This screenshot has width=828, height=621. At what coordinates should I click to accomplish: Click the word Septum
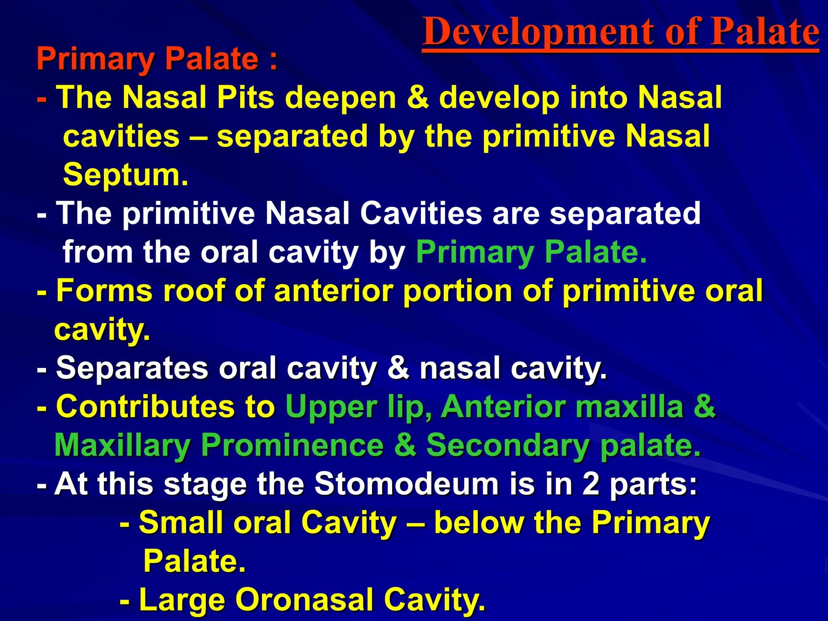pyautogui.click(x=125, y=175)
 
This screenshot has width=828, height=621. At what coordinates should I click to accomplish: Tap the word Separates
pyautogui.click(x=132, y=368)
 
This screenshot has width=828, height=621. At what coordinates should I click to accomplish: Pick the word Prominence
pyautogui.click(x=292, y=445)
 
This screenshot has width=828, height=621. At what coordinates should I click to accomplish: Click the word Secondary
pyautogui.click(x=508, y=445)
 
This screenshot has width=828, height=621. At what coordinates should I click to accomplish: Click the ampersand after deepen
pyautogui.click(x=418, y=97)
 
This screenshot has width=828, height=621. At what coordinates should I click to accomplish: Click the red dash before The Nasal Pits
pyautogui.click(x=42, y=98)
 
